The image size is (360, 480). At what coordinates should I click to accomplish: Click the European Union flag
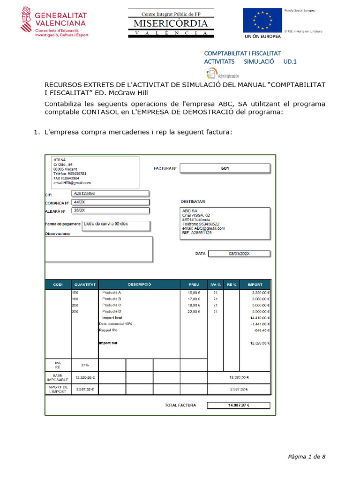pyautogui.click(x=262, y=21)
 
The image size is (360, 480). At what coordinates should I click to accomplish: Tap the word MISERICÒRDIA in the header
pyautogui.click(x=171, y=23)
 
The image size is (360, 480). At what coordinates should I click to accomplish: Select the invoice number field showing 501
pyautogui.click(x=225, y=168)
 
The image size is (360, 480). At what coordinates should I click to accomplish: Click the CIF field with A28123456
pyautogui.click(x=110, y=193)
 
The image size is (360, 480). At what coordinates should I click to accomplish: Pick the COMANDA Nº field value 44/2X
pyautogui.click(x=110, y=202)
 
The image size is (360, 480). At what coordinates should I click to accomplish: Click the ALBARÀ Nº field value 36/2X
pyautogui.click(x=110, y=210)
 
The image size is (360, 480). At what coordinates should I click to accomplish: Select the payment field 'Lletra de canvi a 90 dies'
pyautogui.click(x=116, y=225)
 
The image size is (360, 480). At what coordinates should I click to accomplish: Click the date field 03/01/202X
pyautogui.click(x=239, y=254)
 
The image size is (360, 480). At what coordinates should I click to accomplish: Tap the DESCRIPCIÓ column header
pyautogui.click(x=140, y=285)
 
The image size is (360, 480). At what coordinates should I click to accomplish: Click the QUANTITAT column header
pyautogui.click(x=85, y=285)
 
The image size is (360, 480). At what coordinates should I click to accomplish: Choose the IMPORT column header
pyautogui.click(x=255, y=285)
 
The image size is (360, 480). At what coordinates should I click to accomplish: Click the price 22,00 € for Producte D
pyautogui.click(x=194, y=311)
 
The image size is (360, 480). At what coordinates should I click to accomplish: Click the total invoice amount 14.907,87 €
pyautogui.click(x=239, y=405)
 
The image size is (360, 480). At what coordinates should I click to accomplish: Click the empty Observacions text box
pyautogui.click(x=98, y=249)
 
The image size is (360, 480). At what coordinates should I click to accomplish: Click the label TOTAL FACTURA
pyautogui.click(x=180, y=405)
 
